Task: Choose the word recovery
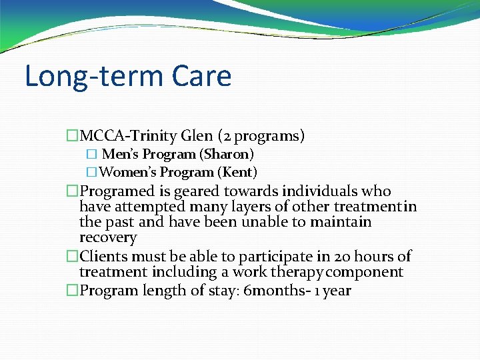coord(107,238)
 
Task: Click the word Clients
coord(103,256)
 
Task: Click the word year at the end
coord(337,291)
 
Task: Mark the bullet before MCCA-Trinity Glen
coord(72,137)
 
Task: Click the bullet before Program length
coord(72,291)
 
